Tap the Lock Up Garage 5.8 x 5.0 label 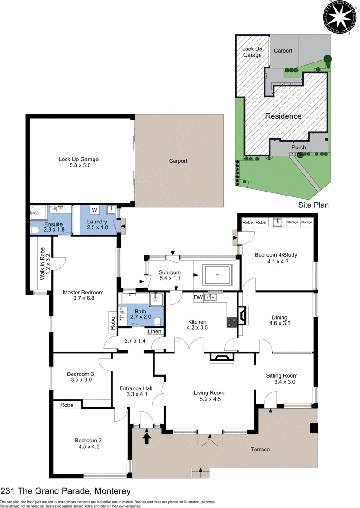click(x=78, y=162)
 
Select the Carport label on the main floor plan click(x=178, y=161)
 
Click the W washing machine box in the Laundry click(x=94, y=210)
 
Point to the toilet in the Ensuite click(x=34, y=230)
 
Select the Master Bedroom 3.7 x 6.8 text click(x=83, y=295)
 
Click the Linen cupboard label click(x=154, y=331)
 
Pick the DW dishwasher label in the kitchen click(x=198, y=297)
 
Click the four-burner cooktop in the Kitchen click(x=232, y=322)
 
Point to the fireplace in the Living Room click(x=221, y=357)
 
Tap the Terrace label click(x=260, y=450)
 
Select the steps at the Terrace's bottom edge click(x=201, y=473)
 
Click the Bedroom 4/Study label click(x=276, y=258)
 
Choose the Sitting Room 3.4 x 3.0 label click(x=282, y=379)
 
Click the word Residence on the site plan click(x=283, y=116)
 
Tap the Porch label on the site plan click(x=299, y=147)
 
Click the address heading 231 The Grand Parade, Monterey click(x=66, y=491)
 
